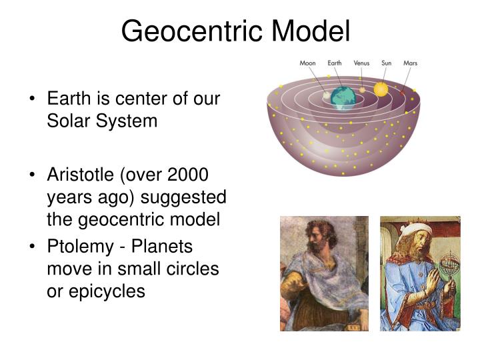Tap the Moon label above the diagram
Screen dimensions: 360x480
307,63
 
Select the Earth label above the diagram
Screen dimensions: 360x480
335,63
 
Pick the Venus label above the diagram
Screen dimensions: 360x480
361,63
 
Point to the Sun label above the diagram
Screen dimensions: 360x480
386,63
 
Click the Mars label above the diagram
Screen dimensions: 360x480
411,63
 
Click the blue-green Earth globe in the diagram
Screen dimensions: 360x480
343,97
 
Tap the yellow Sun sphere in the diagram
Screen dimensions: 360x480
381,89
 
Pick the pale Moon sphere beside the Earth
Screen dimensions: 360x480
327,96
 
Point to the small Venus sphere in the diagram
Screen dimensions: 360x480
362,89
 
